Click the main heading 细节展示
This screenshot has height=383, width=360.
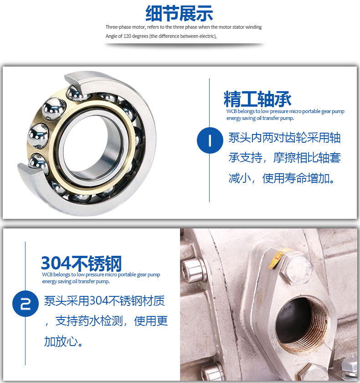pos(180,14)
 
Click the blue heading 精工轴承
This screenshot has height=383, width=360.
pos(257,99)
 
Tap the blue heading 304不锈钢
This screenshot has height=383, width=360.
pos(82,264)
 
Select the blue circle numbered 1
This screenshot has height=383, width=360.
pos(210,140)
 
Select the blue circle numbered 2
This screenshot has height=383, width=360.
pos(26,304)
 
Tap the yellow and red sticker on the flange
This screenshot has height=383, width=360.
pos(277,259)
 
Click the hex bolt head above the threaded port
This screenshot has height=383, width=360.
pos(296,268)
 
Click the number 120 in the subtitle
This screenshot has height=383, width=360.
pos(127,36)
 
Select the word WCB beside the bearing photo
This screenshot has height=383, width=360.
pos(231,111)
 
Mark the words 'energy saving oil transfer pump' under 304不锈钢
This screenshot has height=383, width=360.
pos(75,282)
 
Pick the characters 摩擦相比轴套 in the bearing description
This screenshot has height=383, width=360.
pos(307,158)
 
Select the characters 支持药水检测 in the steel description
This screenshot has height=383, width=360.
pos(89,321)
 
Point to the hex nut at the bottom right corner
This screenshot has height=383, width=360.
pos(350,367)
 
